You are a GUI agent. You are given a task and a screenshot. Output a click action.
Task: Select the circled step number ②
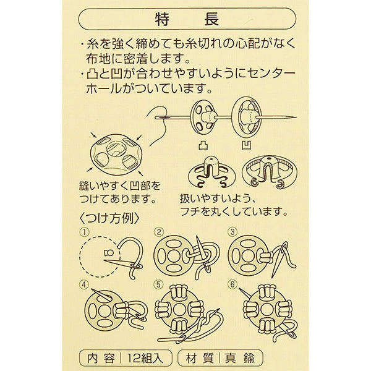(159, 232)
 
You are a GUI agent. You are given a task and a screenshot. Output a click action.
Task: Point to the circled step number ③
(232, 232)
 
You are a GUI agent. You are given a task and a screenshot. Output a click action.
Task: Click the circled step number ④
(84, 285)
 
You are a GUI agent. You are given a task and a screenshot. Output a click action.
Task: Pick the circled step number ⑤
(159, 285)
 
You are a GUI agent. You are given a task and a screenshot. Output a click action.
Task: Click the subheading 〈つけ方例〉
(112, 218)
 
